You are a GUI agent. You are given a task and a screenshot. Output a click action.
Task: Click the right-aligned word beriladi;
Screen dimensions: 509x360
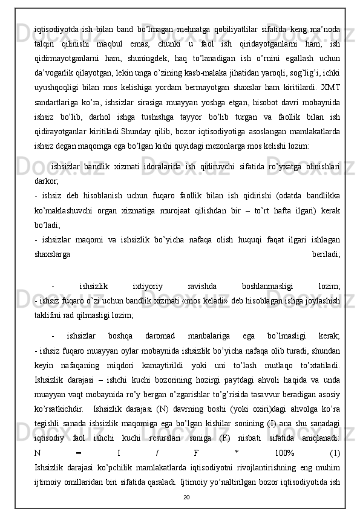tap(326, 239)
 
